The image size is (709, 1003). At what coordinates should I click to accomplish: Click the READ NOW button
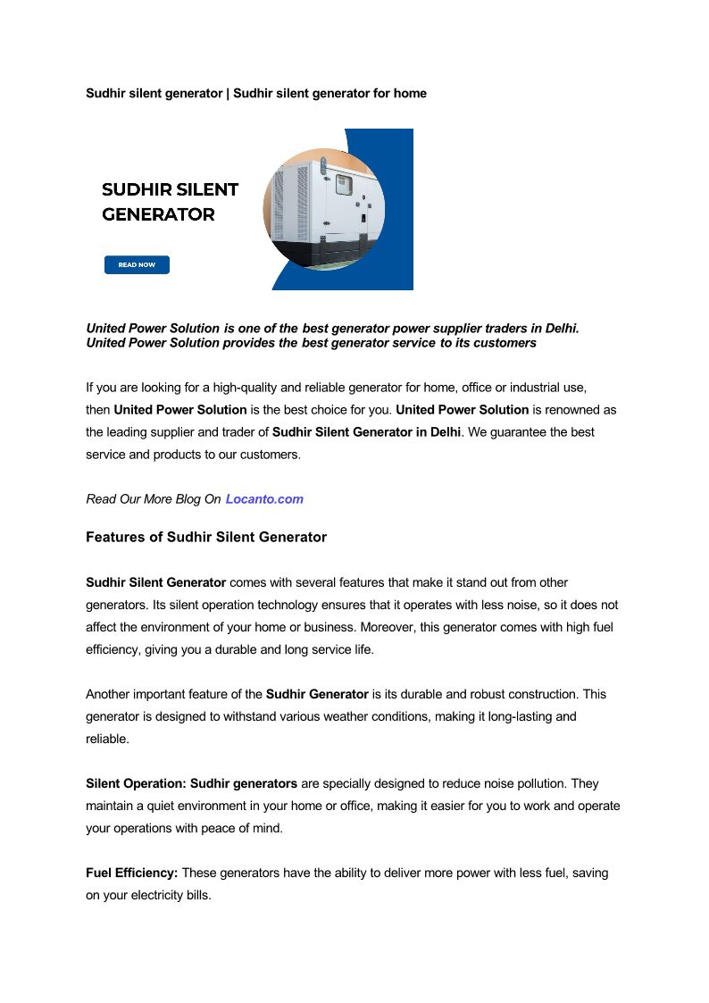137,264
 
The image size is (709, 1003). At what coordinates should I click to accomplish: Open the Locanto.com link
264,499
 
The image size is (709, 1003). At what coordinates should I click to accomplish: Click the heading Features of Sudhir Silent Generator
206,538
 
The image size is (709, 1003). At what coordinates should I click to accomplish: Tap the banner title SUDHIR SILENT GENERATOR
170,202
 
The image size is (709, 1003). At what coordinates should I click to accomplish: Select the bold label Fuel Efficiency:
132,873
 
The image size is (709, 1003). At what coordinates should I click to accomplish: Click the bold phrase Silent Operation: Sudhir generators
191,783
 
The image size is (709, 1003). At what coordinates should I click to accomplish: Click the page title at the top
255,93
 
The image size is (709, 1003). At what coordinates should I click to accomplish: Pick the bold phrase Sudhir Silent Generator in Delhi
366,432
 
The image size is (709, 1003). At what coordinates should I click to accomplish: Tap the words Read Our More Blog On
153,499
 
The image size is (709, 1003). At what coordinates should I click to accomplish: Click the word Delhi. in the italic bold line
562,329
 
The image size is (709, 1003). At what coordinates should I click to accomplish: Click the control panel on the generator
343,185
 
